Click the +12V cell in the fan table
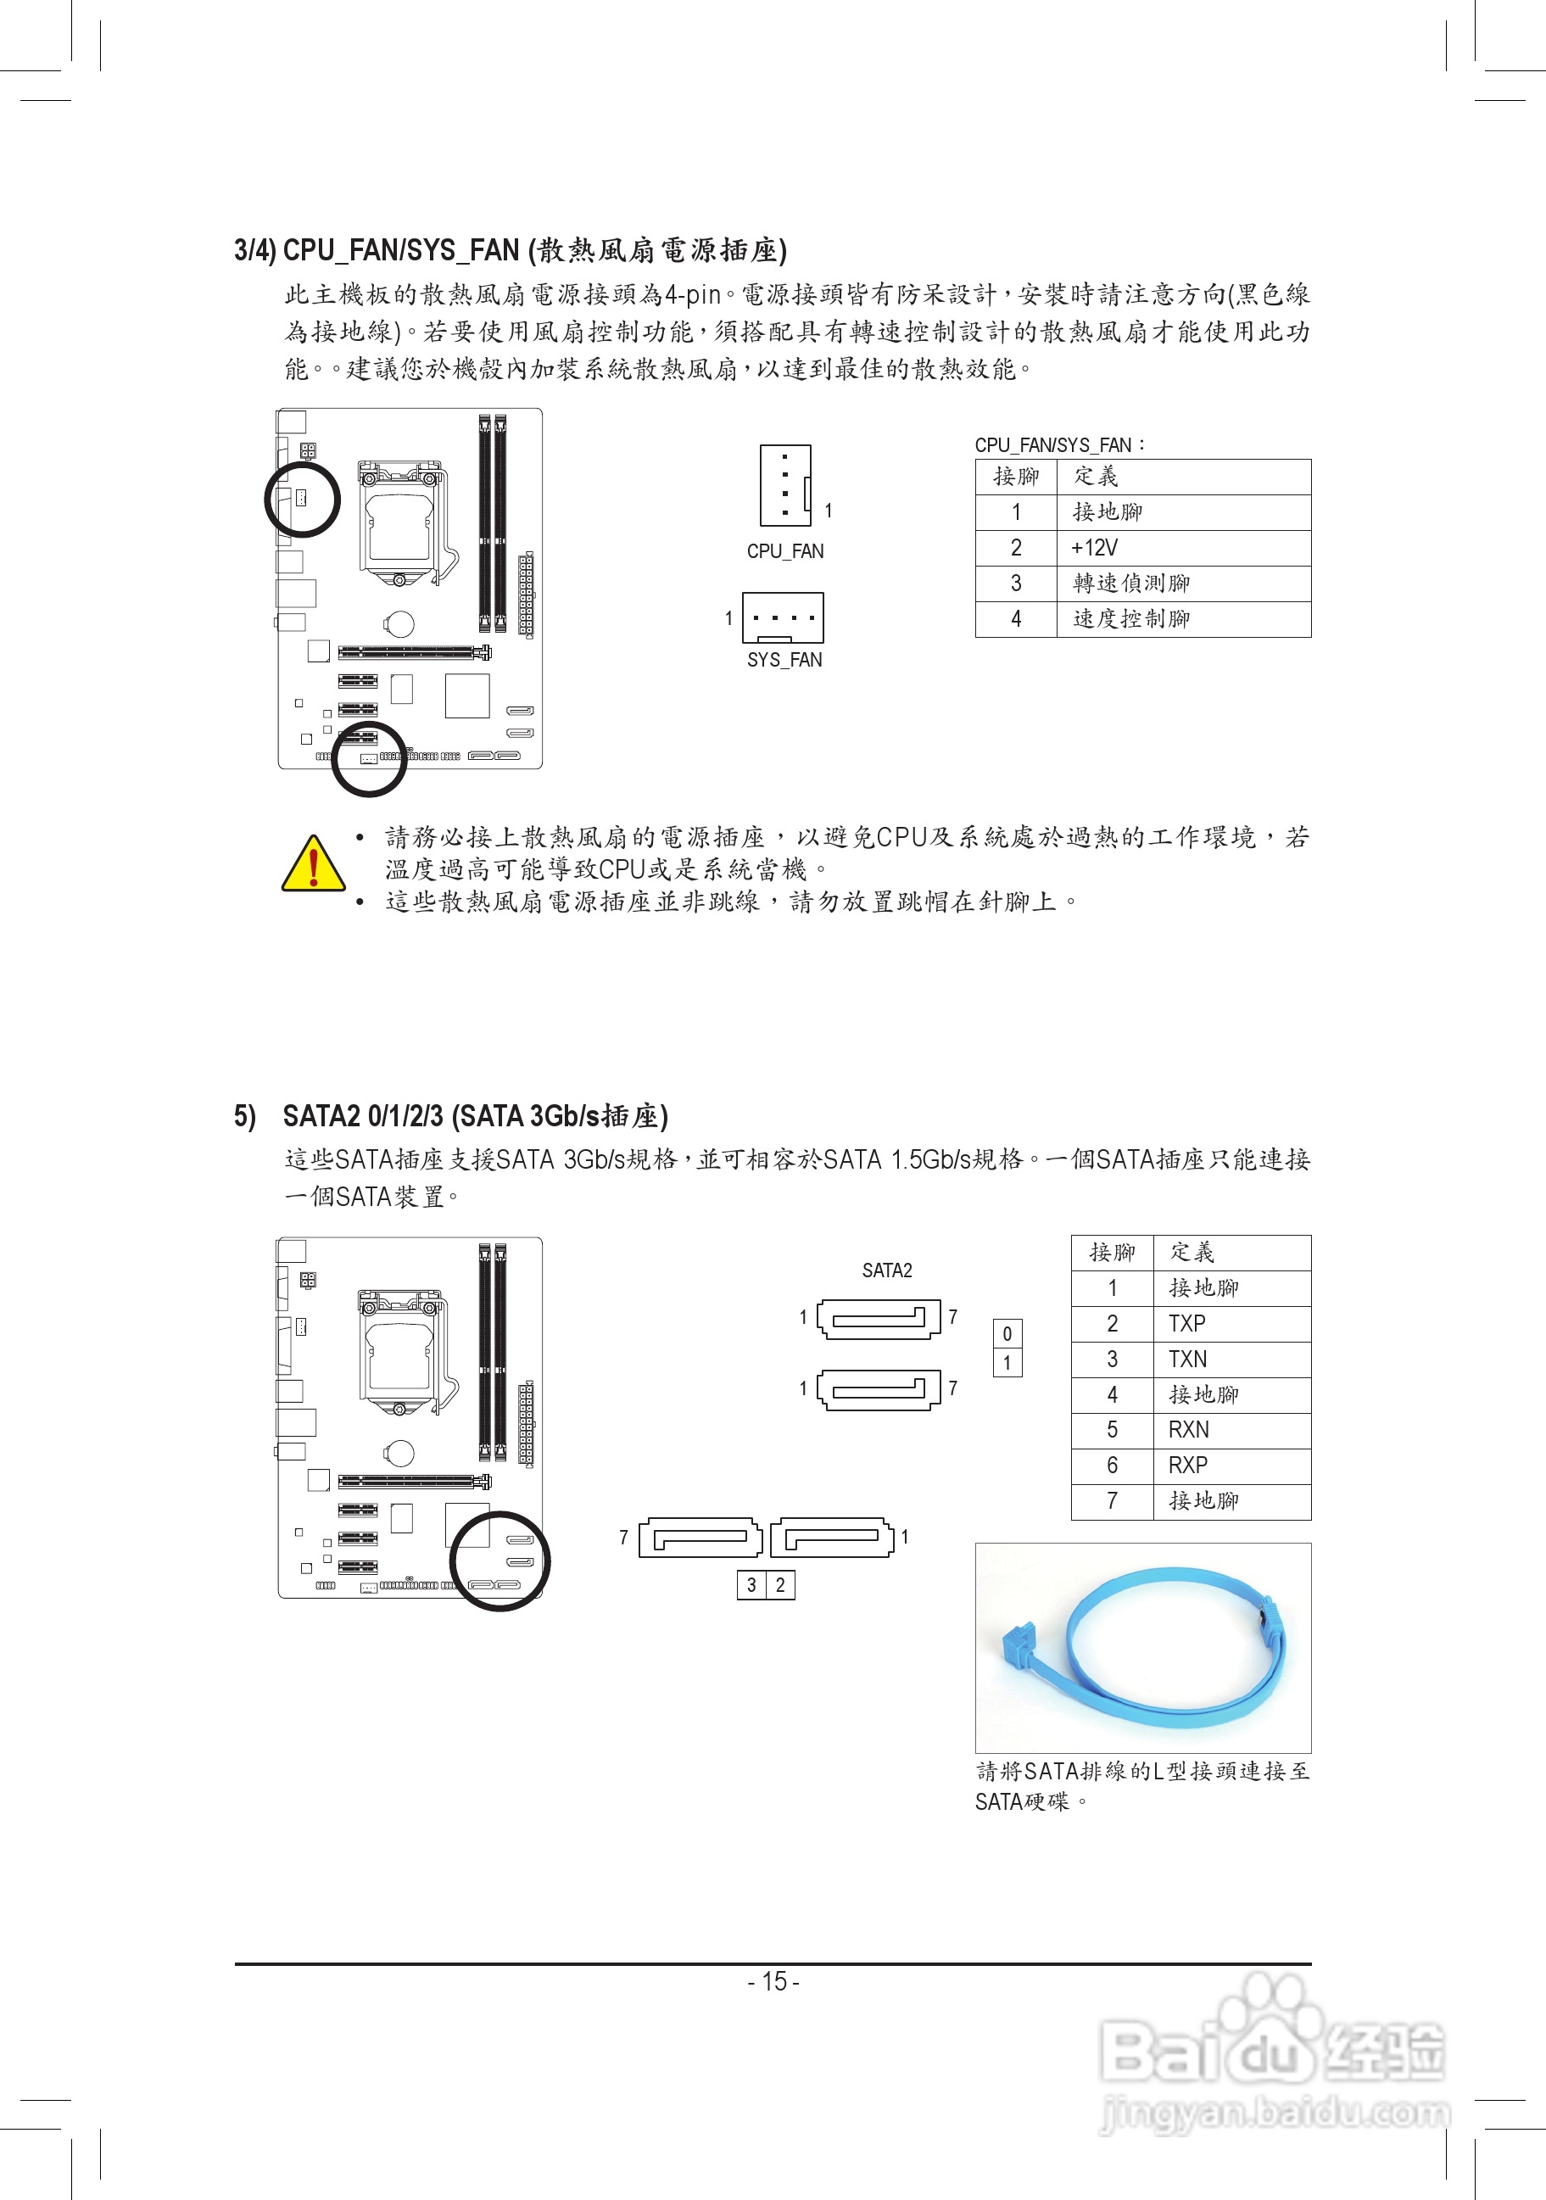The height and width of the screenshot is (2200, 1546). coord(1094,548)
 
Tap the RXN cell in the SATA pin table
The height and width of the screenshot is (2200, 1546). coord(1189,1430)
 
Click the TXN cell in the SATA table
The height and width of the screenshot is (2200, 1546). coord(1188,1359)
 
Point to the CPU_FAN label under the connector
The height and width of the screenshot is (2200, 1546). coord(784,551)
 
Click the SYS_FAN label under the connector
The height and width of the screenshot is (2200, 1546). coord(784,660)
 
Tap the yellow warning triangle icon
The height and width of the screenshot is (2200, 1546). coord(313,863)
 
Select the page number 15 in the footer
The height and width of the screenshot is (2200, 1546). coord(773,1980)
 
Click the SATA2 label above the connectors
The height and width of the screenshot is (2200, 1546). coord(887,1270)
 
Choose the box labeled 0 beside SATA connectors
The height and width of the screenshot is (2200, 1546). coord(1007,1334)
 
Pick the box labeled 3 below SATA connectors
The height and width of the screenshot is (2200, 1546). coord(752,1585)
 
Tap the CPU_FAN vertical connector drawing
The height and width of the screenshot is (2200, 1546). coord(785,486)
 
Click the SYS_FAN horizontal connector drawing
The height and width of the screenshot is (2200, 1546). coord(783,618)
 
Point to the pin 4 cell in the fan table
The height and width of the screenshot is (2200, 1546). coord(1016,619)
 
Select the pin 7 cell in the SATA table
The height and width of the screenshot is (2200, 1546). coord(1112,1500)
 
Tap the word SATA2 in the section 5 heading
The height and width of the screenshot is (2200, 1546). coord(321,1116)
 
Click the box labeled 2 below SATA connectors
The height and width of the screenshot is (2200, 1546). coord(781,1585)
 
